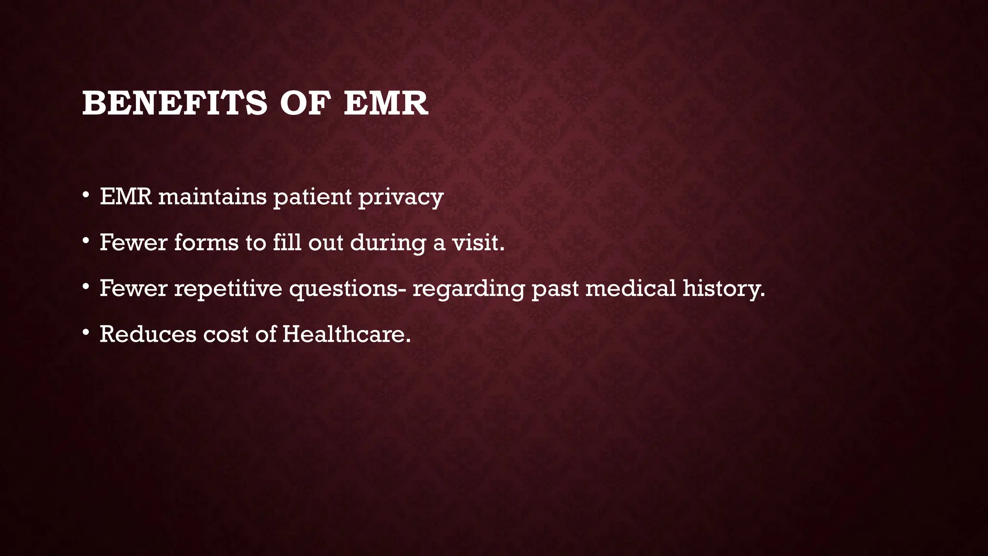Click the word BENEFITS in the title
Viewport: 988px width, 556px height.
[174, 103]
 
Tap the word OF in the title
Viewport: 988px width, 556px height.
[305, 103]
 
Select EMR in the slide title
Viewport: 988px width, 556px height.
[386, 103]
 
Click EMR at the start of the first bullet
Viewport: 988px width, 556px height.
[126, 197]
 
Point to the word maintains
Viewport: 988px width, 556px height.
[212, 197]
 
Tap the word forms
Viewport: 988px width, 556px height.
[206, 242]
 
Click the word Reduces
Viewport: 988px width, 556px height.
[148, 334]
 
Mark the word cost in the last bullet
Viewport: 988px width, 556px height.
[226, 334]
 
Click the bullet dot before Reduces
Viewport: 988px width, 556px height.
[86, 332]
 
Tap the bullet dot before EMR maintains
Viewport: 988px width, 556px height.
[86, 195]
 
